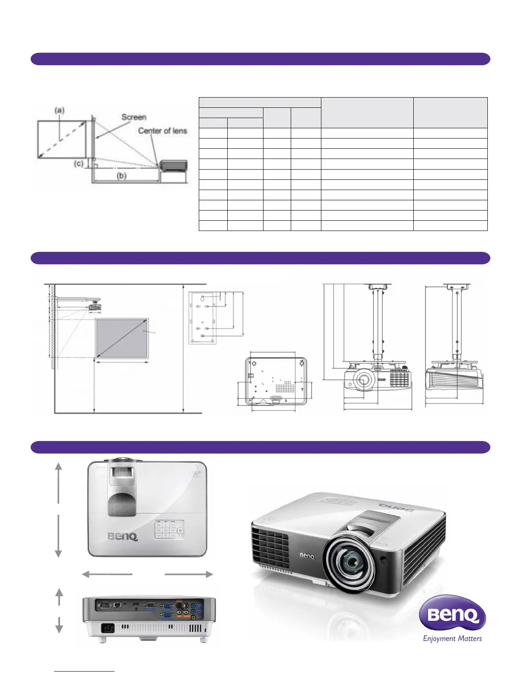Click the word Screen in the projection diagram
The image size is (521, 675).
point(134,117)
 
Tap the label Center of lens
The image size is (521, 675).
point(163,131)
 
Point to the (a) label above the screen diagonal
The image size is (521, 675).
point(59,110)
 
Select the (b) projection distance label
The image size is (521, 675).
point(122,176)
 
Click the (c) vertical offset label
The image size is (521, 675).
point(79,163)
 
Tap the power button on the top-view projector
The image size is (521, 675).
point(180,530)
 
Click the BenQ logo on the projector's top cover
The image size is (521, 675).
point(123,536)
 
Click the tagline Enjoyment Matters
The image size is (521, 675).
point(452,638)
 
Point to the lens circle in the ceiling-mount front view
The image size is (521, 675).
point(363,379)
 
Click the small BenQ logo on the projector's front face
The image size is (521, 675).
point(307,555)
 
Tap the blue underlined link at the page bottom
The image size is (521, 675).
point(84,671)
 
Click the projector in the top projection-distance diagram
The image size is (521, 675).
point(173,165)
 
